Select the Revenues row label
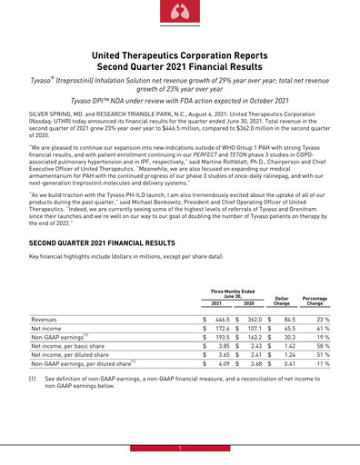pos(43,346)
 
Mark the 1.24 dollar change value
pos(289,397)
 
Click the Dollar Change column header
pos(282,325)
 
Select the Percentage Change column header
pos(315,325)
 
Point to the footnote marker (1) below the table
pos(34,427)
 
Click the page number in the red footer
pos(180,450)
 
